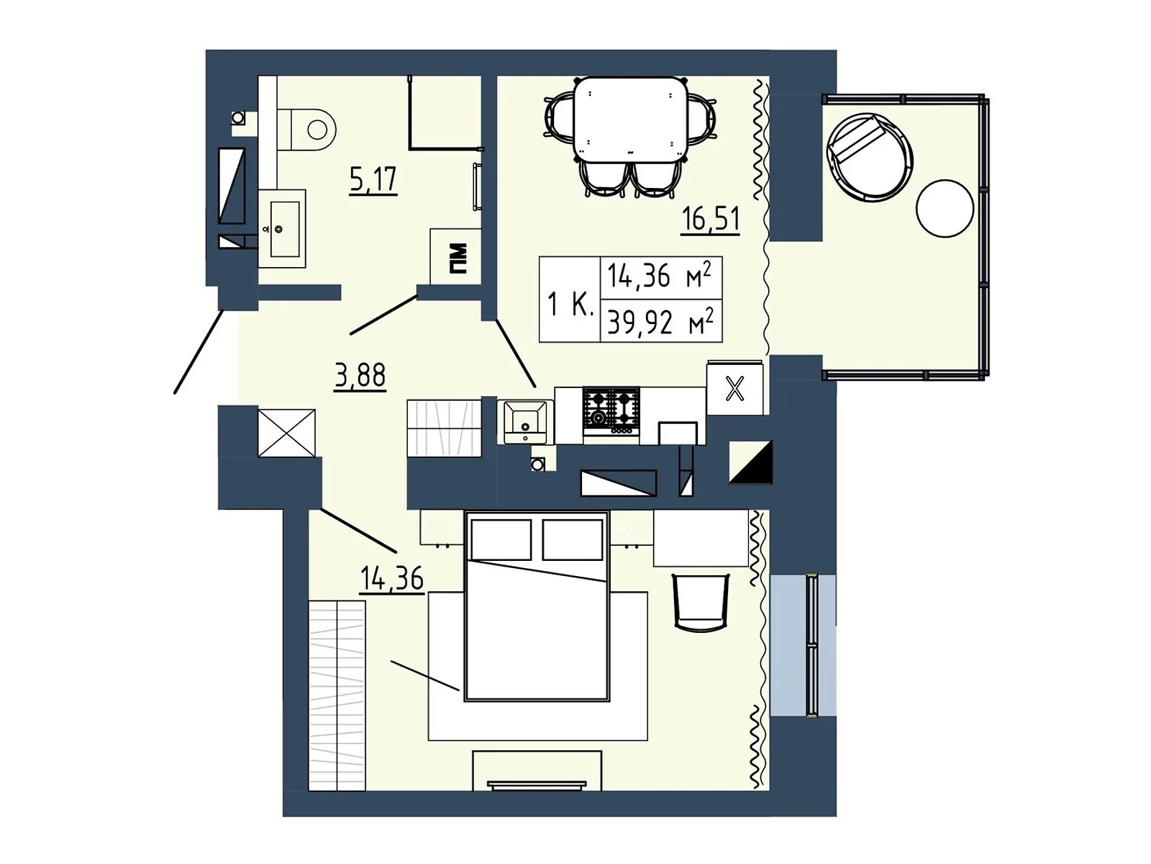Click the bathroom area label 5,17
click(x=373, y=180)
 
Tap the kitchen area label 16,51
click(x=710, y=220)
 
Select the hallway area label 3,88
click(x=360, y=376)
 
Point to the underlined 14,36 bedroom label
click(x=392, y=580)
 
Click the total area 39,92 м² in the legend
click(x=660, y=321)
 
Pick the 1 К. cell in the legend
click(x=570, y=305)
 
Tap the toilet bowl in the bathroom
click(x=306, y=130)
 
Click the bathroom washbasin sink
click(x=281, y=229)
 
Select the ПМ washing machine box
click(x=455, y=257)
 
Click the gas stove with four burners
click(x=611, y=412)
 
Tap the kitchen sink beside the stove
click(x=525, y=422)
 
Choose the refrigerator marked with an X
click(x=734, y=389)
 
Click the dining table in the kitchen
click(x=630, y=120)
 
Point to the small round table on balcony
click(x=945, y=208)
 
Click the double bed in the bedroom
click(x=537, y=606)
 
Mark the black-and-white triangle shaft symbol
click(x=750, y=462)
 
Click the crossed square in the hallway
click(x=286, y=433)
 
